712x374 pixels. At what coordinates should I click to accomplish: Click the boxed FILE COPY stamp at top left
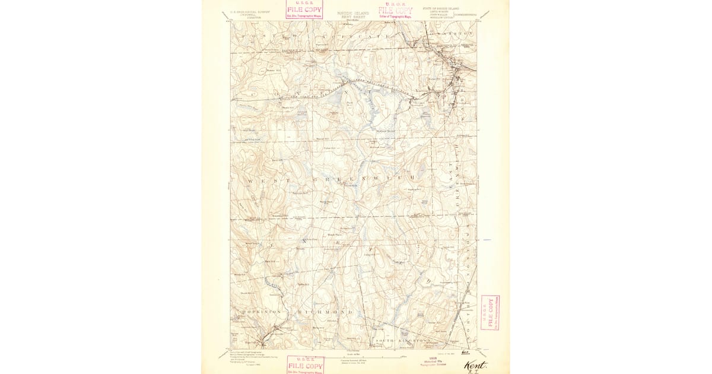[x=304, y=10]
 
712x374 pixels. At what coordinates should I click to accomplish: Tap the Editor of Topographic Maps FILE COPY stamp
[x=396, y=10]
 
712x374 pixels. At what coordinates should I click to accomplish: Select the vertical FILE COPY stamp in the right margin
[x=490, y=312]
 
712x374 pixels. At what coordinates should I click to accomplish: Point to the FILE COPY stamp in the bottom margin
[x=306, y=365]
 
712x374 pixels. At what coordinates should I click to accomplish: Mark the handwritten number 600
[x=473, y=353]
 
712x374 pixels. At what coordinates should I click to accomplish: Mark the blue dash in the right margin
[x=487, y=240]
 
